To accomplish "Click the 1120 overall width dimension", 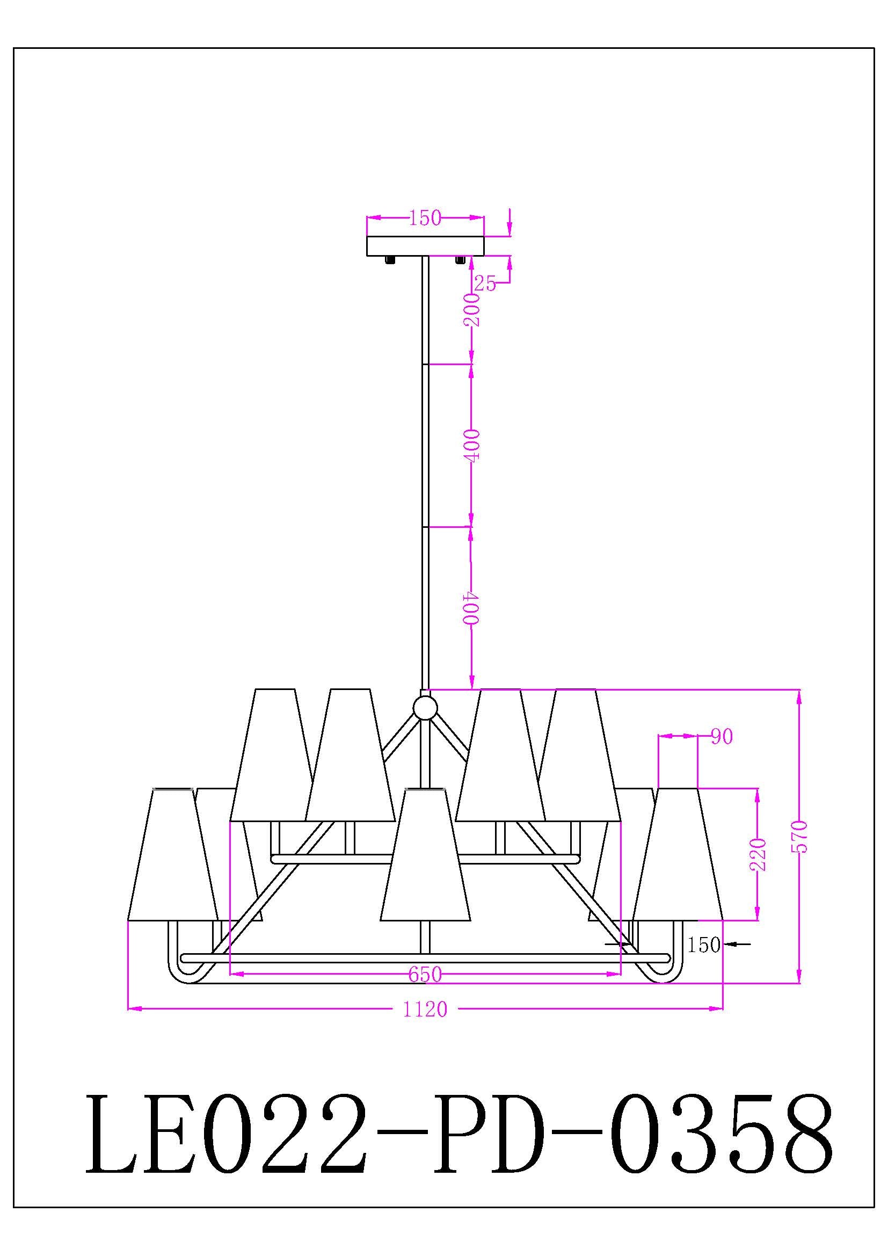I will [425, 1010].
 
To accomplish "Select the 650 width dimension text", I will [425, 974].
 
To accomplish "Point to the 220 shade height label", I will [759, 854].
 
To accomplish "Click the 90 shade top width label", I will [722, 737].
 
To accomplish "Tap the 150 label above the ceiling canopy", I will [425, 218].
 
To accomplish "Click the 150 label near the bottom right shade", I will [704, 945].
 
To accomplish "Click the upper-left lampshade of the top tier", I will [271, 755].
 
